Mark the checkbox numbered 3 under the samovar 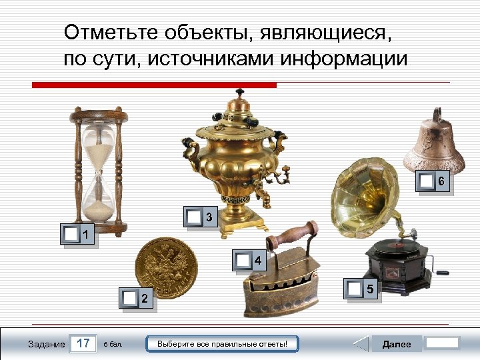[x=193, y=217]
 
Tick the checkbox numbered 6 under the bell [x=425, y=181]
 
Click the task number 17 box [x=83, y=344]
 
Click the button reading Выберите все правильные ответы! [x=222, y=344]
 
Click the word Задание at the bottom [x=47, y=345]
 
